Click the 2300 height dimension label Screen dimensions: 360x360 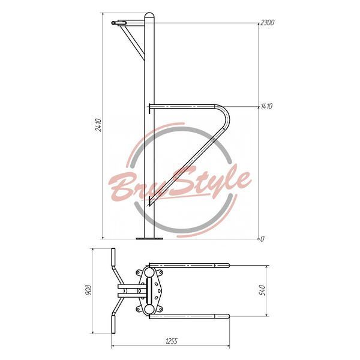pyautogui.click(x=267, y=23)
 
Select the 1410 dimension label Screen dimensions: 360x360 pyautogui.click(x=266, y=106)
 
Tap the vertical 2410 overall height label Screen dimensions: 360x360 pyautogui.click(x=98, y=125)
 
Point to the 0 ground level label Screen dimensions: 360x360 pyautogui.click(x=262, y=239)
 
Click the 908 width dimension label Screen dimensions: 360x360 pyautogui.click(x=88, y=290)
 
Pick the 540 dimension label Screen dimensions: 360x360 pyautogui.click(x=262, y=290)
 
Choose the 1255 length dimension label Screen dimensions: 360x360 pyautogui.click(x=172, y=341)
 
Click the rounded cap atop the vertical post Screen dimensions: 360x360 pyautogui.click(x=149, y=15)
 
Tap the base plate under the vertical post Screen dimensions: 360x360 pyautogui.click(x=149, y=239)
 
